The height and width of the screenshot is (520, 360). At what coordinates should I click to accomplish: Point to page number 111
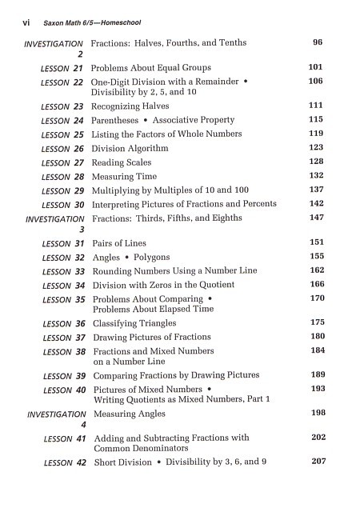pos(316,106)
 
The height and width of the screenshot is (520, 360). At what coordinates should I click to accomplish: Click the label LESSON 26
pos(62,148)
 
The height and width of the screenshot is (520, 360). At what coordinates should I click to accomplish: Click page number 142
pos(316,204)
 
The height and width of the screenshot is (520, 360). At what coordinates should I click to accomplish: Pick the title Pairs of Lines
pos(118,243)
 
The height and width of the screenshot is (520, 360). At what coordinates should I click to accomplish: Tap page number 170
pos(317,298)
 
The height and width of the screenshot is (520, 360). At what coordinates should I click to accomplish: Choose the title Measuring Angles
pos(130,414)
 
